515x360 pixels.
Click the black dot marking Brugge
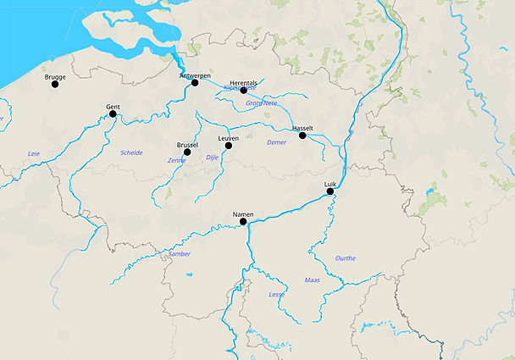[55, 84]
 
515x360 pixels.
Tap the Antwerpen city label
[195, 75]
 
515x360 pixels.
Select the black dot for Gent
[113, 114]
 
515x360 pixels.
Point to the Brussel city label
[187, 145]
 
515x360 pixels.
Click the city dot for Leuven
[228, 146]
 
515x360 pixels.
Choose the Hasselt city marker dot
[302, 136]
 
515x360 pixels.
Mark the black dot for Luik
[330, 191]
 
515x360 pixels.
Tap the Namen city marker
[243, 222]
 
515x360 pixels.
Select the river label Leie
[34, 153]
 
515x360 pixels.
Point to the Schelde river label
[131, 152]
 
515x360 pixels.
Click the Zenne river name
[176, 159]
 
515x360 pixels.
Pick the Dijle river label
[213, 157]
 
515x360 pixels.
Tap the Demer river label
[276, 142]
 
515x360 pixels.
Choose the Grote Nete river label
[261, 102]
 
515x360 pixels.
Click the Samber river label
[180, 253]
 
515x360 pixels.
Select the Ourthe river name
[345, 258]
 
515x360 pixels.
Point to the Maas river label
[312, 279]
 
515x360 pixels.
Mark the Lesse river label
[276, 294]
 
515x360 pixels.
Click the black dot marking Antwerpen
[195, 82]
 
